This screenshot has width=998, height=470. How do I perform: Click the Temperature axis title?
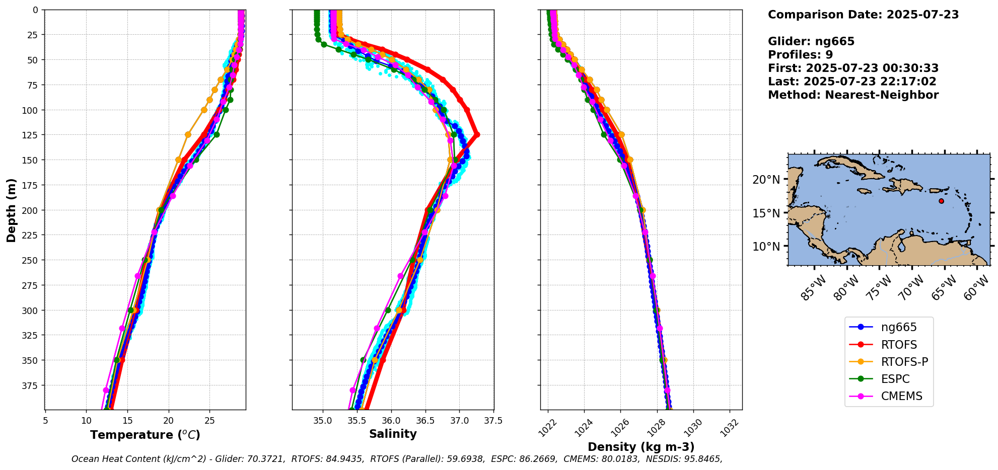coord(145,435)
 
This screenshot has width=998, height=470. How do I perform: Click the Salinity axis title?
coord(393,434)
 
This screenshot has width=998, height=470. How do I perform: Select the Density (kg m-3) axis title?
coord(641,447)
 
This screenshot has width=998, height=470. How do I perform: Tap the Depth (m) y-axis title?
coord(11,210)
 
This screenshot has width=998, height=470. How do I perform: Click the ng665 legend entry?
coord(898,328)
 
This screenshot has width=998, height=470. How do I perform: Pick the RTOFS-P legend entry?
coord(904,362)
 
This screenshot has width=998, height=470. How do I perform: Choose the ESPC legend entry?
coord(895,379)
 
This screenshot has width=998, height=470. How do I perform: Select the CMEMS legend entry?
coord(901,396)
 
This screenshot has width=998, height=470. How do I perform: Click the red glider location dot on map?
coord(941,201)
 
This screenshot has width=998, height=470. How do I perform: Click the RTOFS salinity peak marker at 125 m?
coord(477,135)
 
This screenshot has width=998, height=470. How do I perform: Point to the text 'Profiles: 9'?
coord(800,55)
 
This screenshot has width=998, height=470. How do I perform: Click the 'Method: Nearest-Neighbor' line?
coord(853,95)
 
